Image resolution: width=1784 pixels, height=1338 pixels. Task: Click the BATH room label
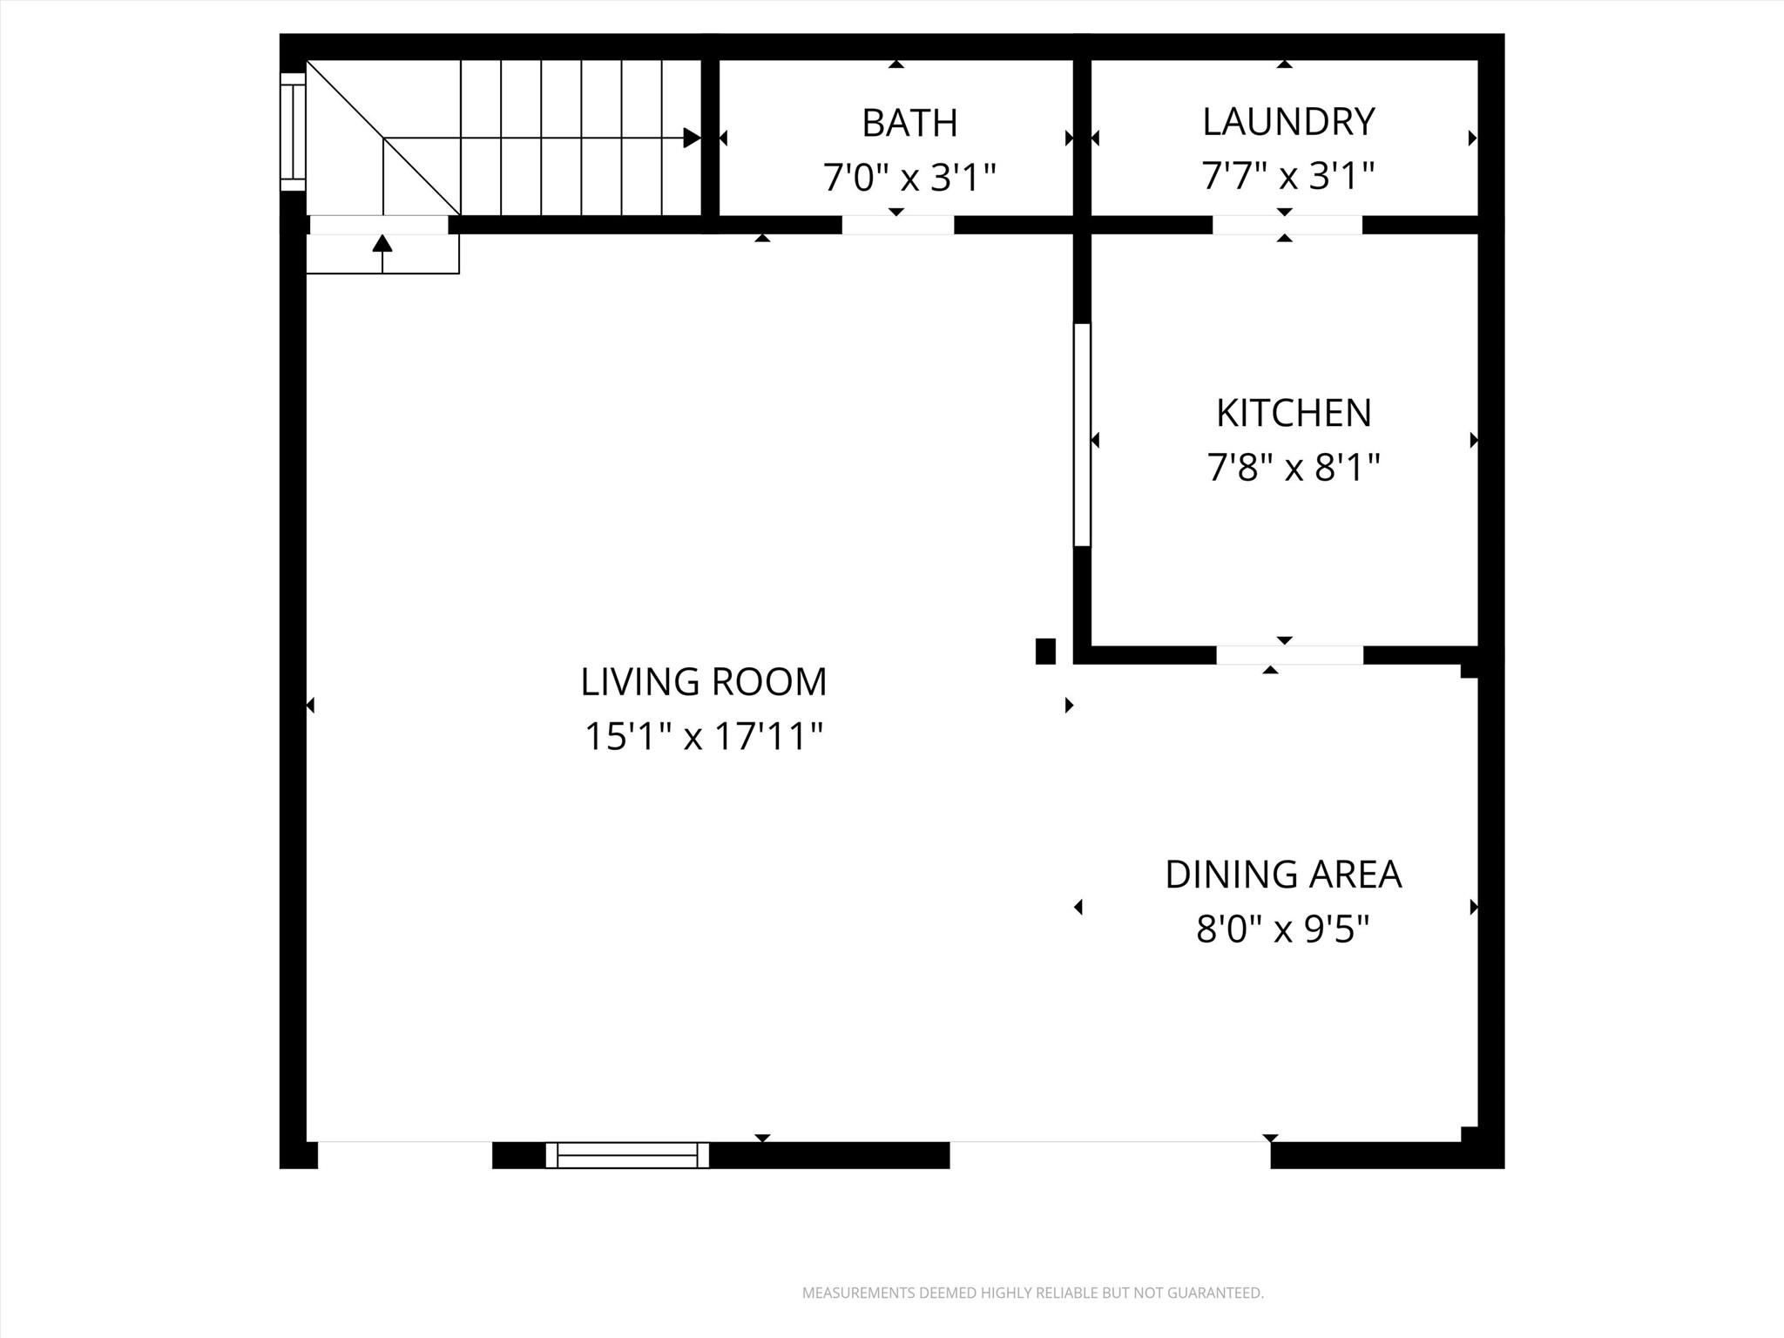tap(909, 123)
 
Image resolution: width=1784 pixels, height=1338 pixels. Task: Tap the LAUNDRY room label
tap(1288, 122)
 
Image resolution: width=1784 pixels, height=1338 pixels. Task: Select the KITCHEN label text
tap(1294, 413)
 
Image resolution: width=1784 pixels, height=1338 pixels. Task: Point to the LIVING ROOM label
tap(704, 681)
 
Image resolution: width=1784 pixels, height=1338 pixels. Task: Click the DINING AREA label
tap(1283, 875)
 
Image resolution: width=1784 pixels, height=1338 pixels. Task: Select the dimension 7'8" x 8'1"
tap(1294, 469)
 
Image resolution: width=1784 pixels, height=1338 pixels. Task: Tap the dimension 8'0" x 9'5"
tap(1283, 929)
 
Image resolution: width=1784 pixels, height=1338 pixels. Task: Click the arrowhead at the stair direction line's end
tap(692, 138)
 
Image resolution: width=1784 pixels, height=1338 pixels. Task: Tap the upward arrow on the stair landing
tap(382, 243)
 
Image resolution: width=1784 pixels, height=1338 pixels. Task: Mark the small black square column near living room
tap(1045, 651)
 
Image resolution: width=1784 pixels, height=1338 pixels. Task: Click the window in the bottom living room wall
tap(627, 1155)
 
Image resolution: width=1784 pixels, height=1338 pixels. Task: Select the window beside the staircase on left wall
tap(293, 132)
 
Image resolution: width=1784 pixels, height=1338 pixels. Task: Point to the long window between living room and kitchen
tap(1082, 435)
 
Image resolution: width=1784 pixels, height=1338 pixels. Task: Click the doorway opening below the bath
tap(898, 225)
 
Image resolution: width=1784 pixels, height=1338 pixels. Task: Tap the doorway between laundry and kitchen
tap(1287, 225)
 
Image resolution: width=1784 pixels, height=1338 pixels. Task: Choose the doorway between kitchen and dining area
tap(1289, 655)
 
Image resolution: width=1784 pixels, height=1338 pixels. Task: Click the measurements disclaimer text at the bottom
tap(1032, 1293)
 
